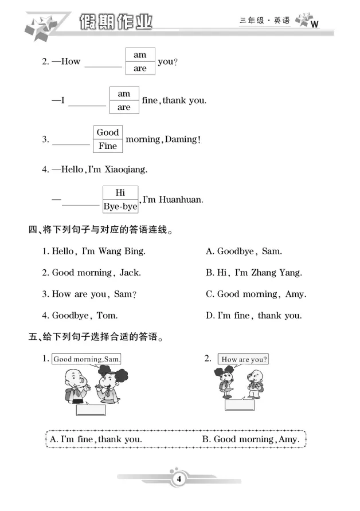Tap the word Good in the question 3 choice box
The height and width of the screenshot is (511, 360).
point(107,132)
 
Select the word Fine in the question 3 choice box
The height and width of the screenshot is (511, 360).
point(107,146)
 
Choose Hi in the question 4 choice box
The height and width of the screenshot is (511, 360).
point(120,193)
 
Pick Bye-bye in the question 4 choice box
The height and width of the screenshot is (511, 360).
point(120,206)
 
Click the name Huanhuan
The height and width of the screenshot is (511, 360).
point(183,200)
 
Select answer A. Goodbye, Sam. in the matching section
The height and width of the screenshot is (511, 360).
point(244,251)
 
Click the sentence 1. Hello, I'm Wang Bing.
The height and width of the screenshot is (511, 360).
point(94,251)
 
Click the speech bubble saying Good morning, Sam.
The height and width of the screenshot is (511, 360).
point(87,359)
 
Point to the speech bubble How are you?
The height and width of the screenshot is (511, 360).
point(244,359)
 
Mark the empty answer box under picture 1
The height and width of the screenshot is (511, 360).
point(91,410)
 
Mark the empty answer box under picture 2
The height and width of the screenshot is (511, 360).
point(239,405)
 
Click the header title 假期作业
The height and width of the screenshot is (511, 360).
point(117,23)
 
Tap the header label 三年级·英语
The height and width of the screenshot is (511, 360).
point(264,21)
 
